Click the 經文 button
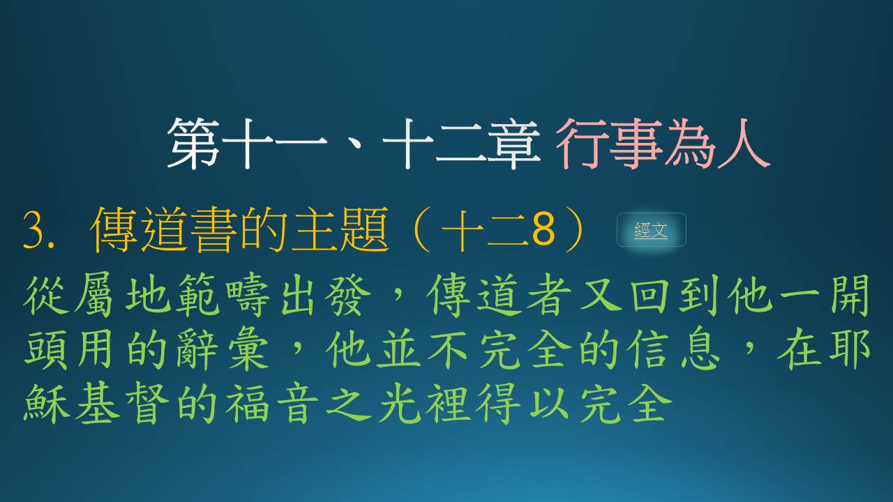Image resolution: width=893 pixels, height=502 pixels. tap(651, 230)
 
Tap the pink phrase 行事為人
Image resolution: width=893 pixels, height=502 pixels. tap(663, 144)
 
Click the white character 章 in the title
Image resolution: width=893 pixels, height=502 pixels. tap(514, 144)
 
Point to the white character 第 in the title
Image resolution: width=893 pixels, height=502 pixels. tap(194, 144)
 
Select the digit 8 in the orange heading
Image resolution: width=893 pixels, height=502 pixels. tap(543, 230)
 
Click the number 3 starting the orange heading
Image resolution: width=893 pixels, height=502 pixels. tap(33, 231)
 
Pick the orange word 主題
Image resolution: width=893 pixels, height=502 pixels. tap(340, 230)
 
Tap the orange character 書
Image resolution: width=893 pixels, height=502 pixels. tap(216, 230)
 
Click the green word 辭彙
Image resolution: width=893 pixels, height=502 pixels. tap(222, 349)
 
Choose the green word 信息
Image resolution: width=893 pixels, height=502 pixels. tap(673, 349)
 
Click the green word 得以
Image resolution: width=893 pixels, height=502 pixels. tap(523, 403)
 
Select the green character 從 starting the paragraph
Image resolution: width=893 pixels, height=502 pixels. tap(46, 295)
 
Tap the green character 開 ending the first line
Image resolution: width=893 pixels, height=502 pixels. tap(849, 295)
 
